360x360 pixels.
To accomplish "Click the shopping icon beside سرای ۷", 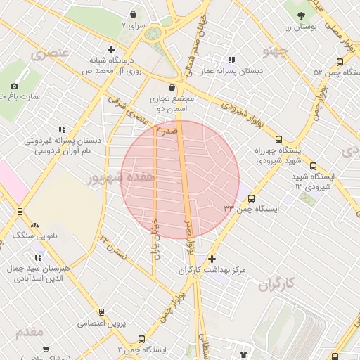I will [134, 13].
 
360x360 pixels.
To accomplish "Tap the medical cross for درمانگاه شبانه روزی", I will [111, 49].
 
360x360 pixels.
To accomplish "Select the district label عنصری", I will [49, 52].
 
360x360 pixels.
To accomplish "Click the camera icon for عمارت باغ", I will [14, 86].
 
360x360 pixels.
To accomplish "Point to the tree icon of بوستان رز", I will [301, 15].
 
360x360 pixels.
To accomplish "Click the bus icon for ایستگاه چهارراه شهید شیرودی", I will [279, 139].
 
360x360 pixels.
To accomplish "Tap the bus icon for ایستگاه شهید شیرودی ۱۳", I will [313, 167].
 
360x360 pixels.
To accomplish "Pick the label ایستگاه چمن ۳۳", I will [252, 209].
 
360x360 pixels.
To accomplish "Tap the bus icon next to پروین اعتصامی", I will [101, 312].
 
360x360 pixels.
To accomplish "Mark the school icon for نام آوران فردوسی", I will [62, 129].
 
